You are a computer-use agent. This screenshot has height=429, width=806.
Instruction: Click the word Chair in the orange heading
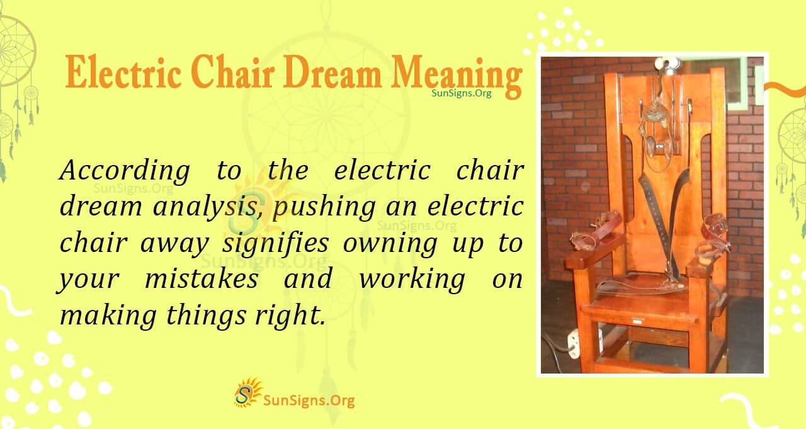239,74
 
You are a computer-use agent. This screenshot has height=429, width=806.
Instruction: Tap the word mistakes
201,280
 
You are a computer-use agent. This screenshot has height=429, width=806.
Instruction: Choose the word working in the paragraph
412,280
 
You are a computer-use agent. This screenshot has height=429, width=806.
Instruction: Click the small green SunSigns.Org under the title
462,93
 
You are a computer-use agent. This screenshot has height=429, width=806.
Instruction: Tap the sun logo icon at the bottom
247,392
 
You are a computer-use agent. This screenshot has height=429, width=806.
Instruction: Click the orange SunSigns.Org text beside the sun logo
309,400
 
